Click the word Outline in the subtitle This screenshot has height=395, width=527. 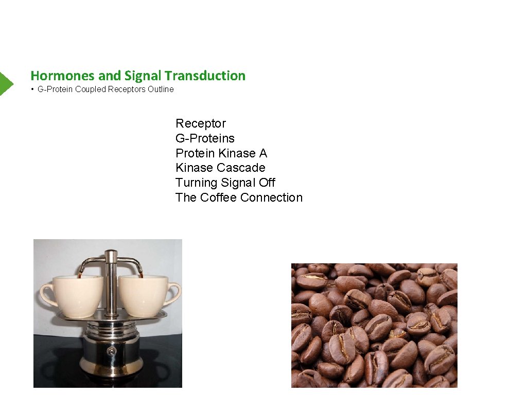pos(161,89)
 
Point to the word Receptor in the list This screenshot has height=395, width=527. pos(201,123)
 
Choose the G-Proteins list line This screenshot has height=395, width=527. pos(205,138)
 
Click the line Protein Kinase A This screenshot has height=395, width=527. pos(221,153)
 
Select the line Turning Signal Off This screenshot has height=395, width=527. pos(225,183)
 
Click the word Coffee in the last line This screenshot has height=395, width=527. pos(218,197)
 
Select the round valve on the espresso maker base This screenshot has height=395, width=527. pos(110,351)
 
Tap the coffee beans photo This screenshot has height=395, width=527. pos(374,325)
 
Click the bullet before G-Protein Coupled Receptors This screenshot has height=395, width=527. pos(32,89)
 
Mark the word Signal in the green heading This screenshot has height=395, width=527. pos(143,76)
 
